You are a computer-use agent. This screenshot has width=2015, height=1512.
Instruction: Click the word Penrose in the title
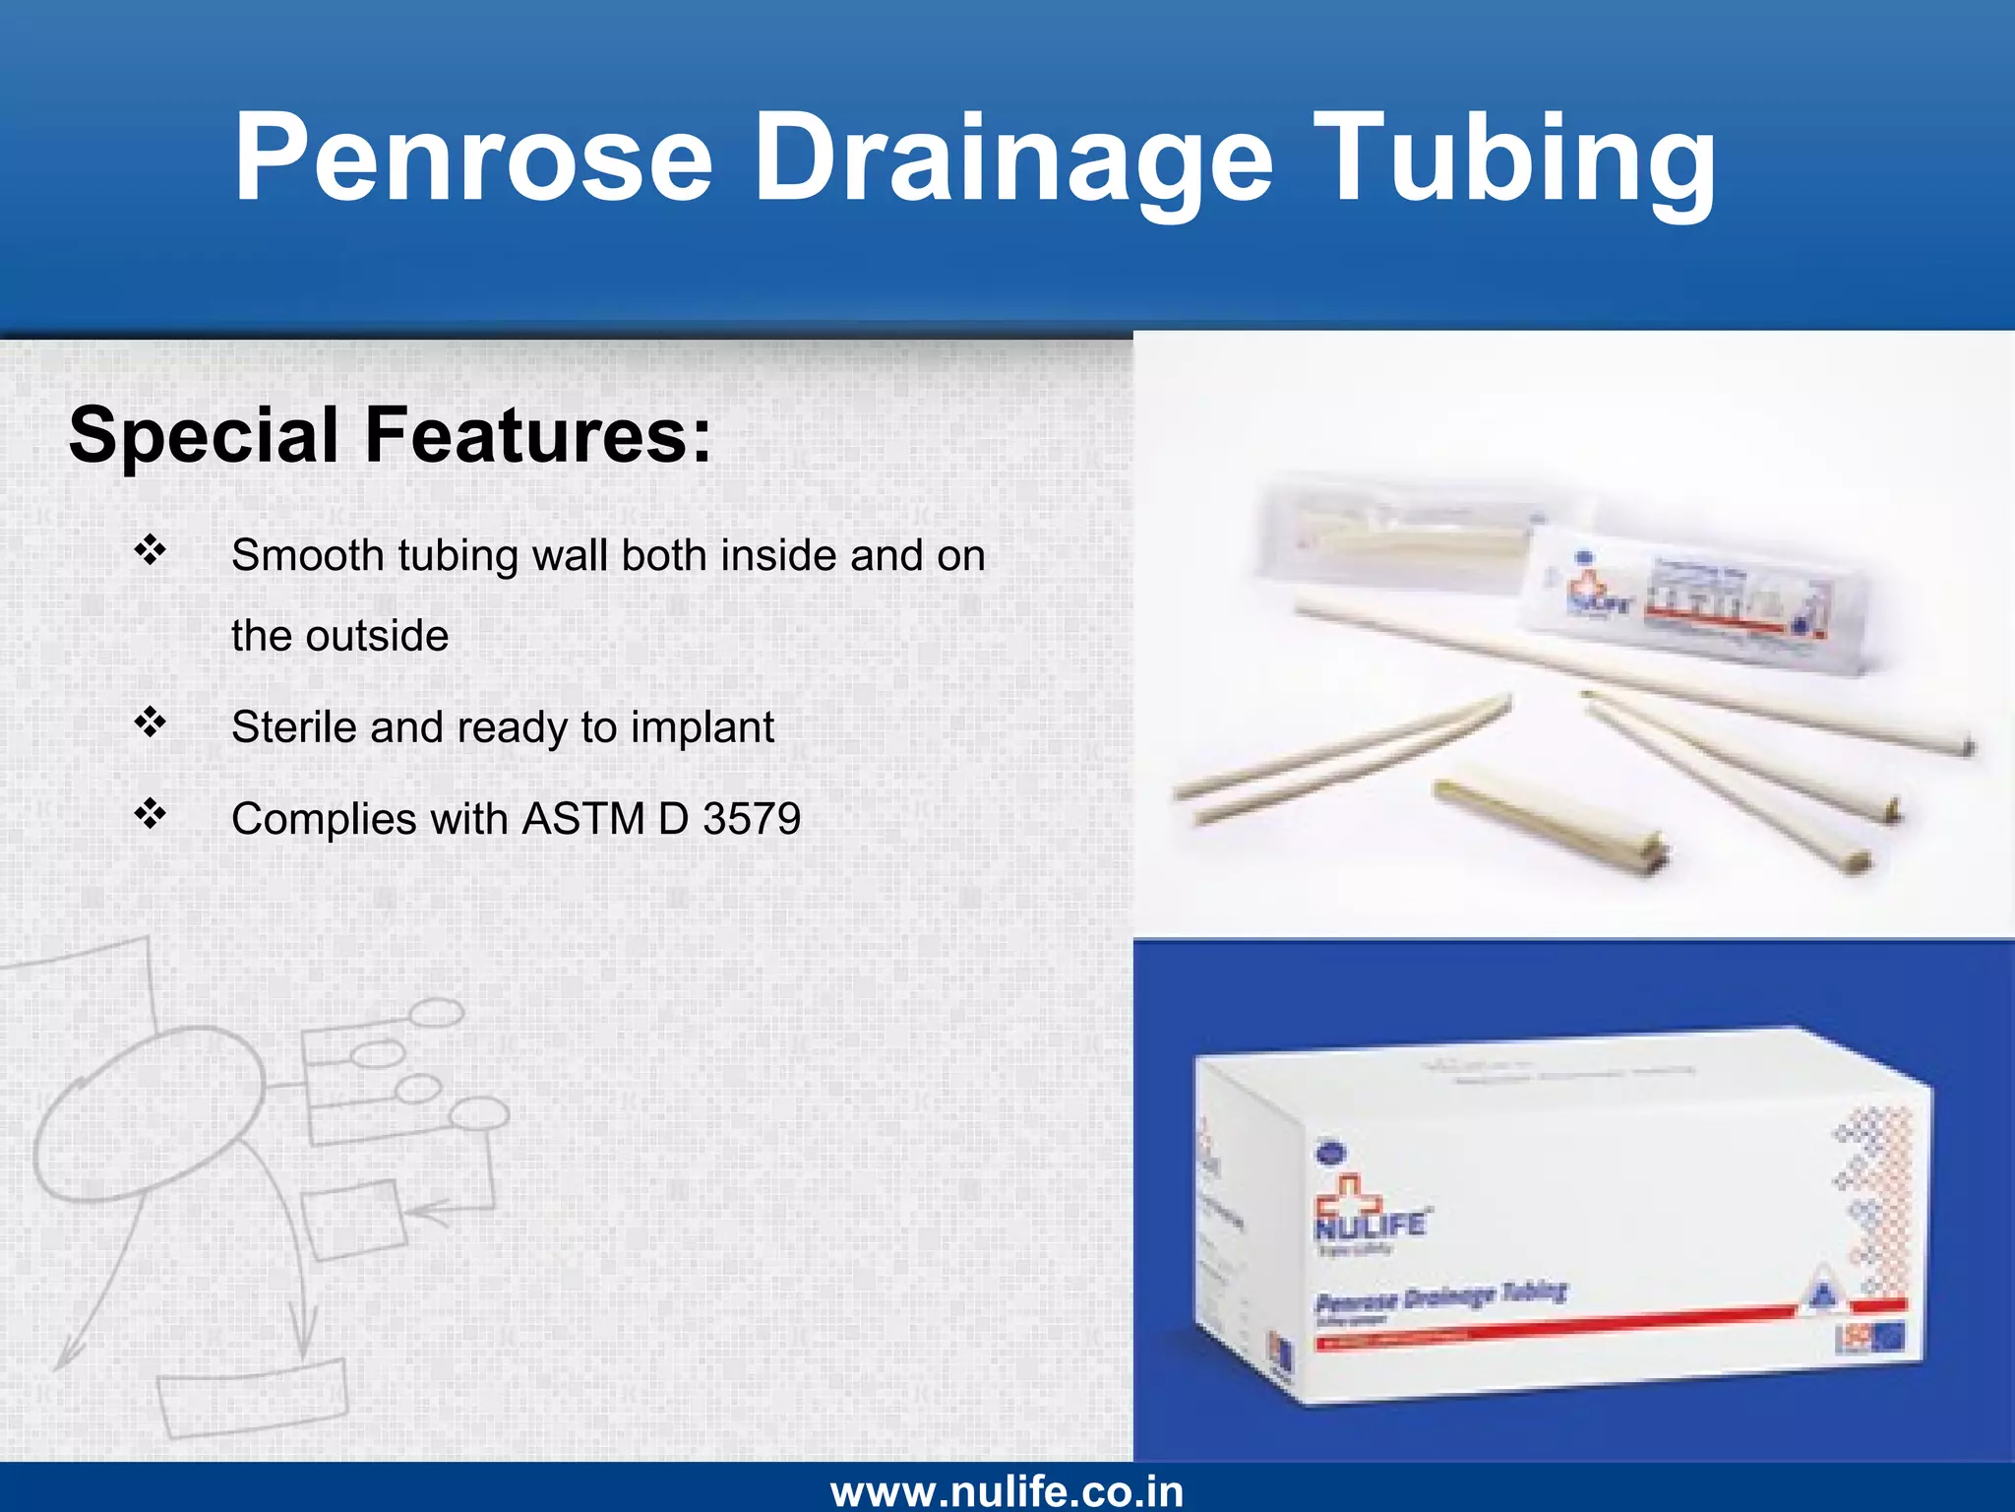472,157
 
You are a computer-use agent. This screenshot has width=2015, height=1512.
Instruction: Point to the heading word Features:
538,435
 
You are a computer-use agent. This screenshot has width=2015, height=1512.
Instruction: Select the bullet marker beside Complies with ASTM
150,813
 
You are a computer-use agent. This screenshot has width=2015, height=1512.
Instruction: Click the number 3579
752,819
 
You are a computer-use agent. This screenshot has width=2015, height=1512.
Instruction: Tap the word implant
702,727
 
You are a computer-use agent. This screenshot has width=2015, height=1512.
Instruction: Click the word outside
377,636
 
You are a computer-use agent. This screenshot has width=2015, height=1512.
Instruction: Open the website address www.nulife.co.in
1007,1490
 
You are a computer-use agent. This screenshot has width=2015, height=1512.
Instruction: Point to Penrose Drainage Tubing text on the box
1440,1297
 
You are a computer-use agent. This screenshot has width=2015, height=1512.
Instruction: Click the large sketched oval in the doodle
148,1112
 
